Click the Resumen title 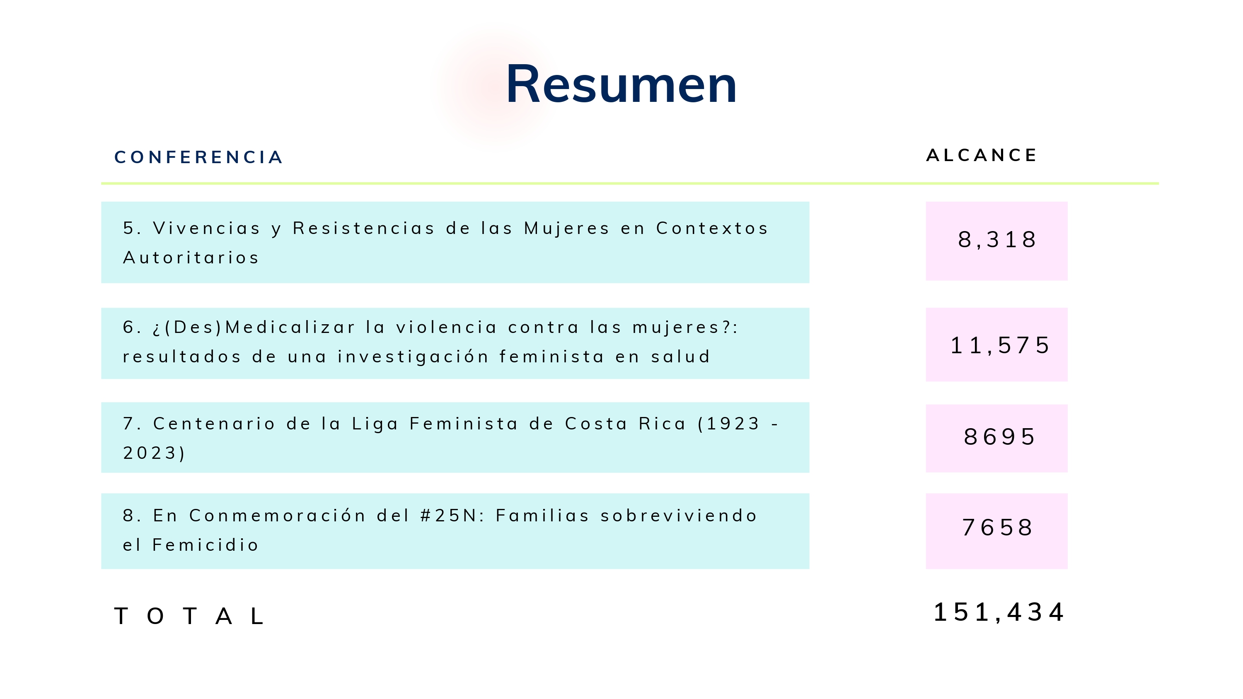pos(621,84)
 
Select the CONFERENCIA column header pos(198,157)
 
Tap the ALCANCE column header pos(982,155)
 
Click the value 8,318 pos(996,240)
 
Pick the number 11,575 pos(1000,345)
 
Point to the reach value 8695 pos(999,437)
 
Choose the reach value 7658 pos(997,527)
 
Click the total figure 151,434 pos(999,612)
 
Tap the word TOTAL pos(189,616)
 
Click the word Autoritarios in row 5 pos(191,258)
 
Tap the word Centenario pos(214,424)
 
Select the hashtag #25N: pos(452,516)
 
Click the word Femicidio pos(206,545)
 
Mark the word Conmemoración pos(278,516)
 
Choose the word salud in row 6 pos(681,357)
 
